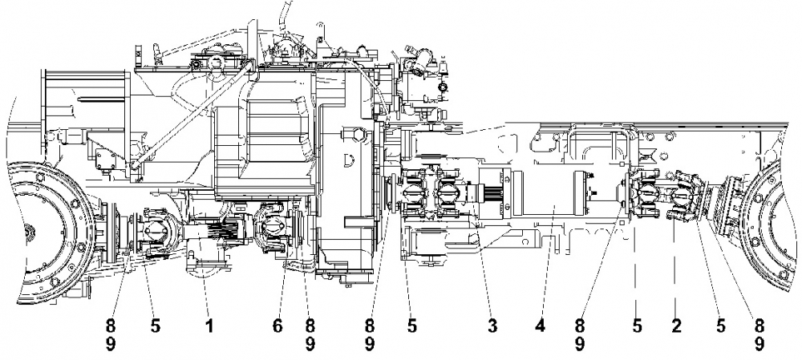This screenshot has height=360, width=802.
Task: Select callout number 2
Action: tap(675, 326)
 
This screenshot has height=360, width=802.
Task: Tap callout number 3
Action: tap(492, 326)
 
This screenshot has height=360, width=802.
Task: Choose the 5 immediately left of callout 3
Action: tap(411, 326)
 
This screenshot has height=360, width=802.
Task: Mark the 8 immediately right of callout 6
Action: tap(310, 326)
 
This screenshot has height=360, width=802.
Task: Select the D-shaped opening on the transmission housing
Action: tap(350, 159)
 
